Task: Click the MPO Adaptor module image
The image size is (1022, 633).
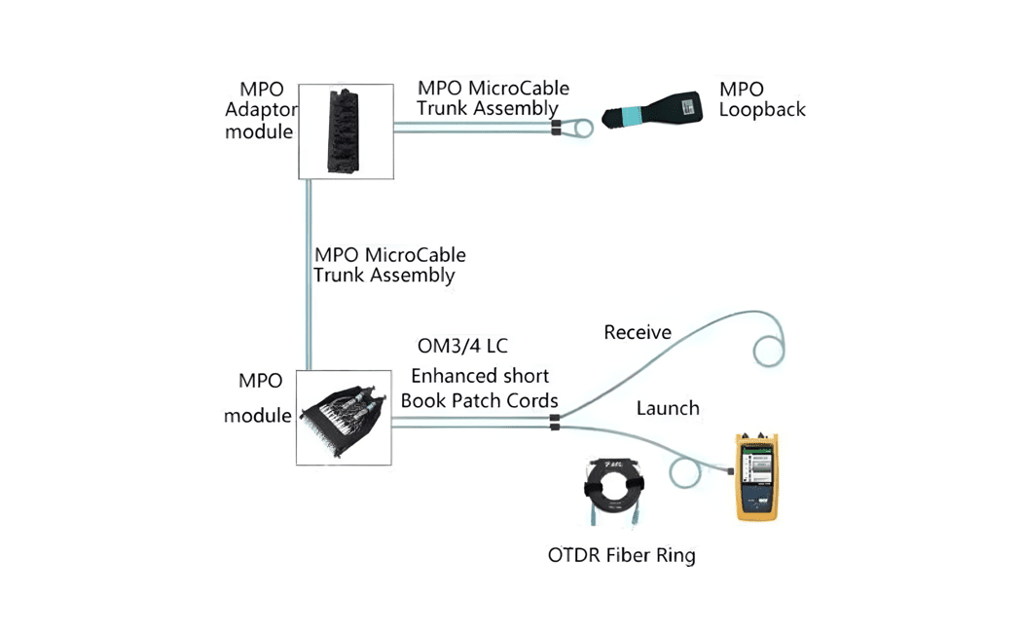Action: (346, 130)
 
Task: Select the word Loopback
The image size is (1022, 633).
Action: (762, 109)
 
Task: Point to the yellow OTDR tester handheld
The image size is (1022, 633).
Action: (758, 475)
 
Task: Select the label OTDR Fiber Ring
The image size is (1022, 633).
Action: (622, 556)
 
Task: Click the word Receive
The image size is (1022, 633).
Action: (638, 332)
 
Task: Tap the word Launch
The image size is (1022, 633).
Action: (668, 407)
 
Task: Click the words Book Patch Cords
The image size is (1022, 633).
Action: (480, 400)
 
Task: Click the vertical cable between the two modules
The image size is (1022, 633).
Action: (309, 273)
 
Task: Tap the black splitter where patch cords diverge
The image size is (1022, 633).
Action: (554, 422)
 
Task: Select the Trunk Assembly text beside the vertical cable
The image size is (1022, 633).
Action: (383, 276)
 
